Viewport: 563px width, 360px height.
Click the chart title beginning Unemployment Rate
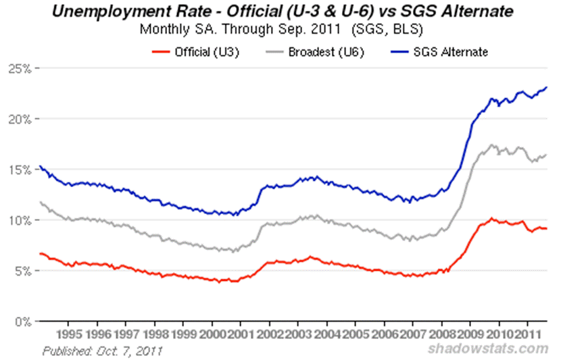point(282,12)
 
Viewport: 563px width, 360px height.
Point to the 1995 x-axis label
point(70,334)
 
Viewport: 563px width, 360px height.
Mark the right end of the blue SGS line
point(546,87)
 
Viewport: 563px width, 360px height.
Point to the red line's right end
point(546,229)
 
